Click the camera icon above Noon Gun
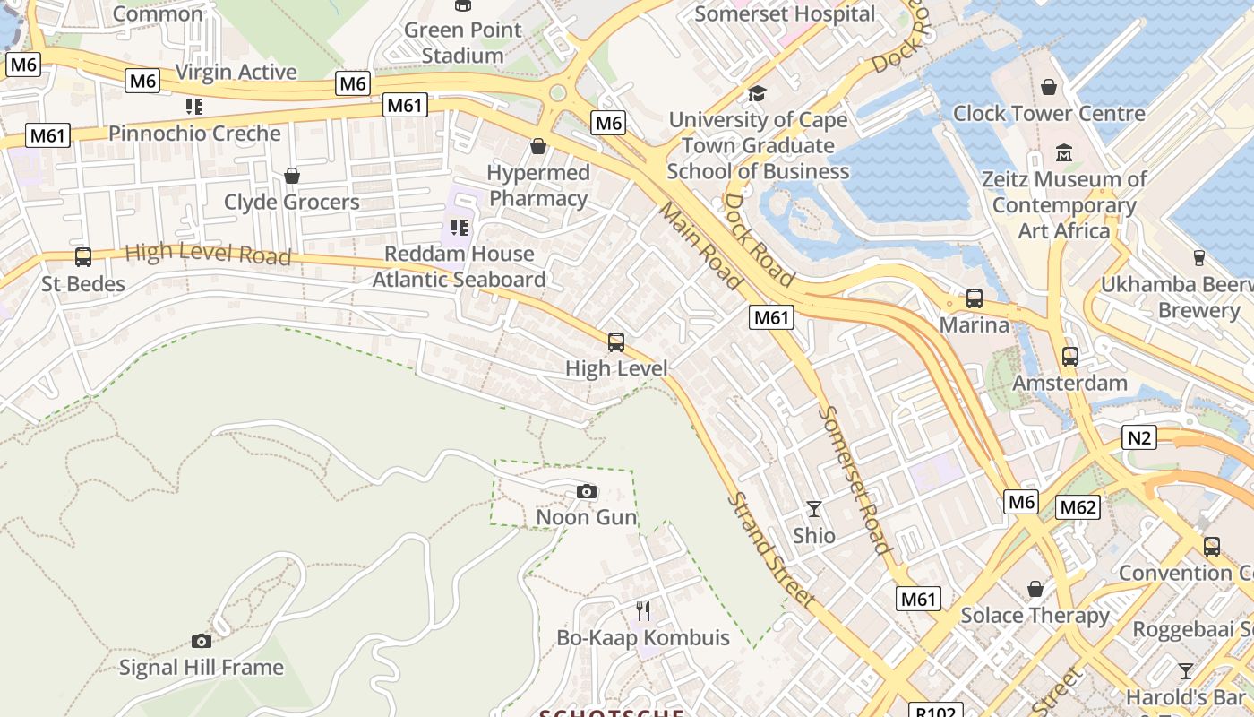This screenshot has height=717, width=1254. pyautogui.click(x=587, y=491)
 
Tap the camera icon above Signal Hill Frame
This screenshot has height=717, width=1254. pyautogui.click(x=202, y=641)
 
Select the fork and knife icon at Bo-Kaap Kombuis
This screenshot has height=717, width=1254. pyautogui.click(x=643, y=611)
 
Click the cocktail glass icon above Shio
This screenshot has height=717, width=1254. pyautogui.click(x=813, y=509)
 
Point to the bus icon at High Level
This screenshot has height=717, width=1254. pyautogui.click(x=616, y=341)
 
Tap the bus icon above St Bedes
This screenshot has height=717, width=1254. pyautogui.click(x=83, y=257)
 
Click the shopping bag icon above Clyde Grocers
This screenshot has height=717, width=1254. pyautogui.click(x=291, y=176)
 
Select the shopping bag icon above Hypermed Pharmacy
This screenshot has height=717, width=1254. pyautogui.click(x=538, y=145)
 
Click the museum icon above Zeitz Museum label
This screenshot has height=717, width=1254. pyautogui.click(x=1064, y=153)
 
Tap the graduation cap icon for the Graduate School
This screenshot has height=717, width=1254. pyautogui.click(x=758, y=93)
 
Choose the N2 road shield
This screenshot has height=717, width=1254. pyautogui.click(x=1138, y=437)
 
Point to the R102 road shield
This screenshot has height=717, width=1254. pyautogui.click(x=937, y=711)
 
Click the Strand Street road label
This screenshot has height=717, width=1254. pyautogui.click(x=771, y=550)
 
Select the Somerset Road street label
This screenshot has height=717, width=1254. pyautogui.click(x=855, y=479)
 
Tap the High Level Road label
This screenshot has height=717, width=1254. pyautogui.click(x=208, y=255)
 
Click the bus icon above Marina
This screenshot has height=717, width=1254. pyautogui.click(x=974, y=298)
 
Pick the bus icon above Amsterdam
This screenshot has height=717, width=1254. pyautogui.click(x=1070, y=357)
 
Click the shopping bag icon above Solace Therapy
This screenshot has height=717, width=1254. pyautogui.click(x=1035, y=589)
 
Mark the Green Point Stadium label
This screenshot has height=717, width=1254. pyautogui.click(x=462, y=42)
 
